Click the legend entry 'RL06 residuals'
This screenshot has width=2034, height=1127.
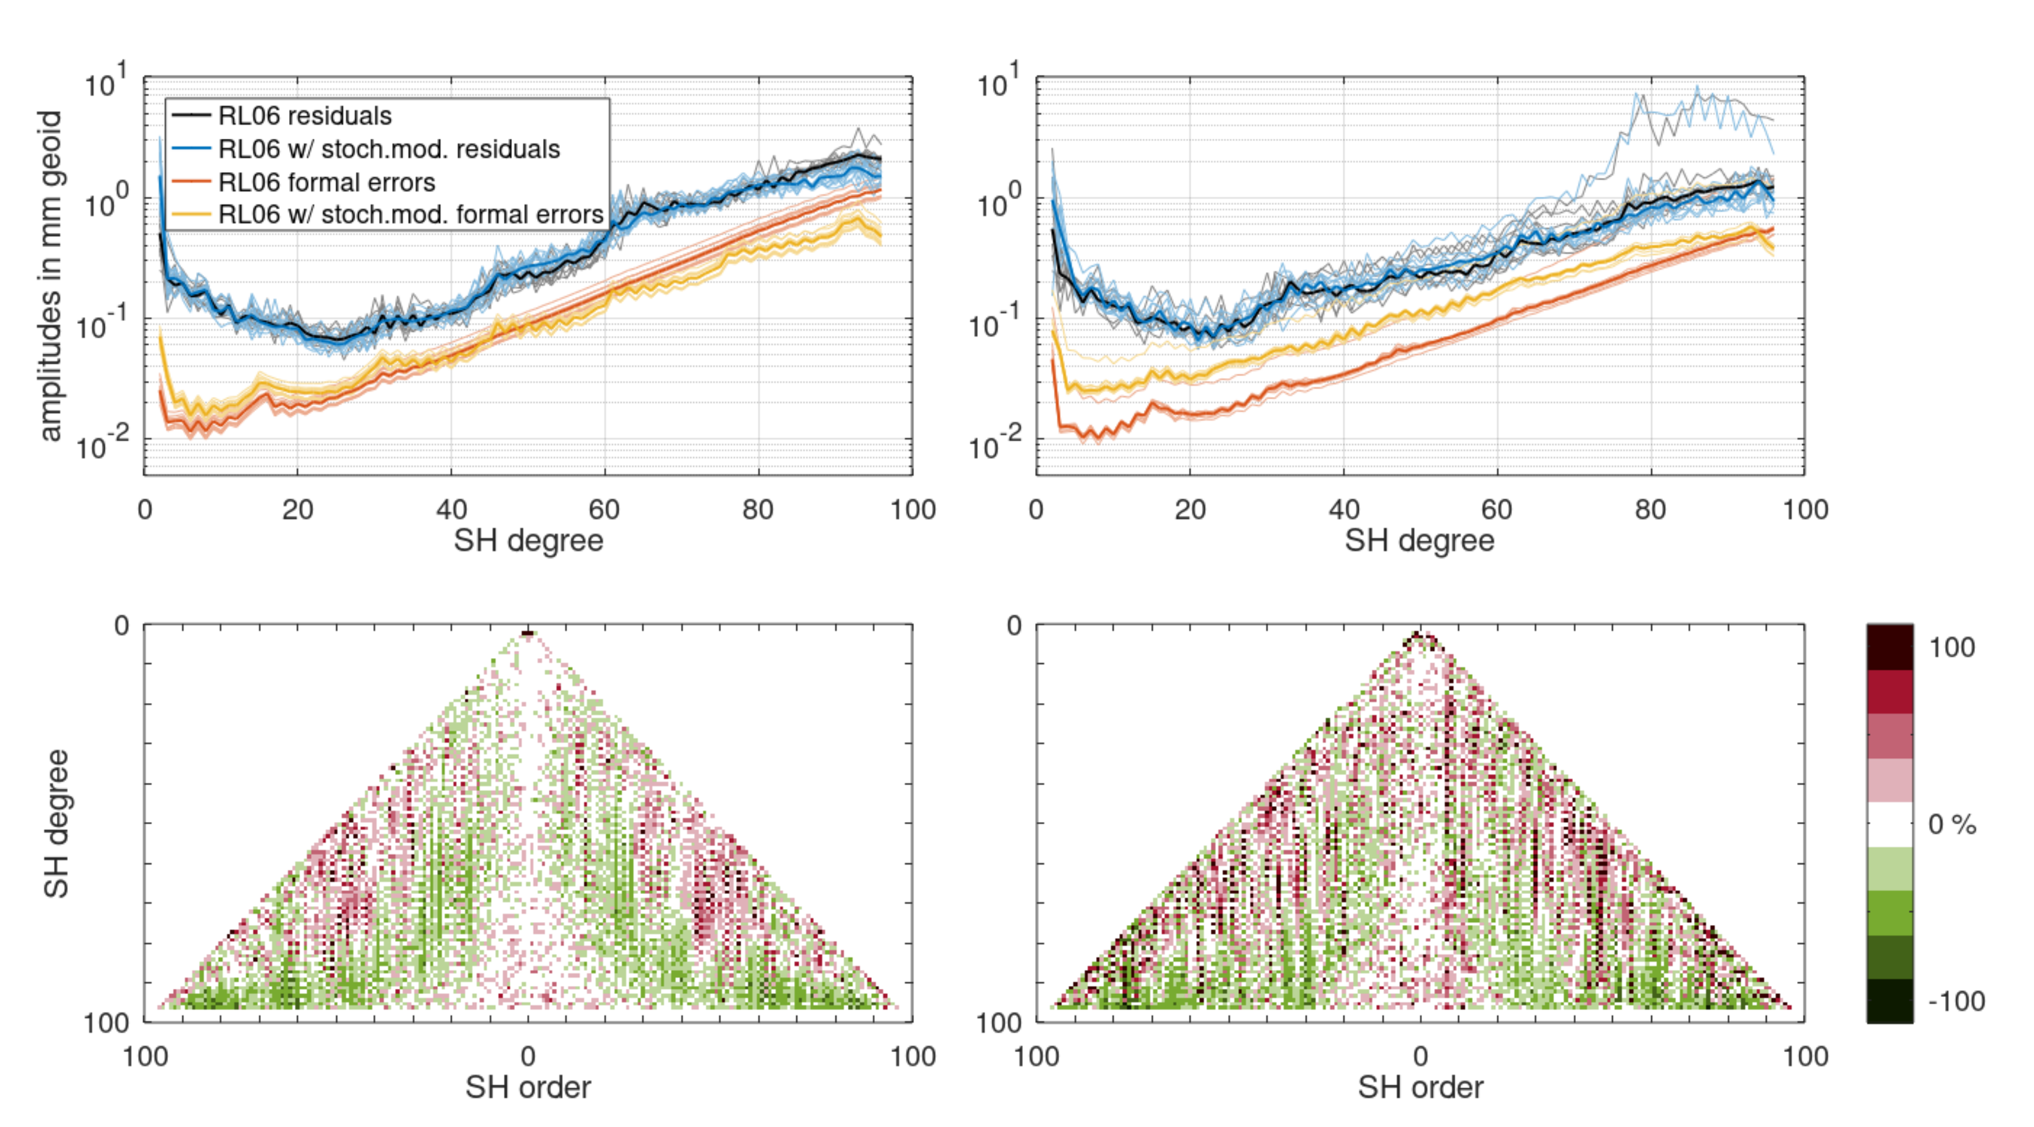(x=304, y=116)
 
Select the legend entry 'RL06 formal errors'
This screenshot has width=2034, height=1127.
(x=326, y=183)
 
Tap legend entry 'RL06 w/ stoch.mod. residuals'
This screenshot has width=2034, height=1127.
(x=389, y=149)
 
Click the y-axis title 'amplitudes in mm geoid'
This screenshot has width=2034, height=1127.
(x=49, y=276)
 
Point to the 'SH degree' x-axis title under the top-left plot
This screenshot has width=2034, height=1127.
(x=527, y=541)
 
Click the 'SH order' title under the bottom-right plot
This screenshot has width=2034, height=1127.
(x=1420, y=1088)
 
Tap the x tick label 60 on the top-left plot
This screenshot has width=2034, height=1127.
(x=604, y=509)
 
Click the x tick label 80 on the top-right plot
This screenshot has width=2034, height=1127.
(x=1650, y=509)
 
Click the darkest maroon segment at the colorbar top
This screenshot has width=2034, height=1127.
(x=1889, y=647)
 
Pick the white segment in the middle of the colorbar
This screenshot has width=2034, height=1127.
(x=1889, y=824)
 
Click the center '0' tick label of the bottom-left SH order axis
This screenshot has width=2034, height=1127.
(x=527, y=1056)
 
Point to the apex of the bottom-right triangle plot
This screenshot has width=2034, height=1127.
(x=1419, y=633)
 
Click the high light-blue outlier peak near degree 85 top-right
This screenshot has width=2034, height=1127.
(x=1695, y=88)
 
